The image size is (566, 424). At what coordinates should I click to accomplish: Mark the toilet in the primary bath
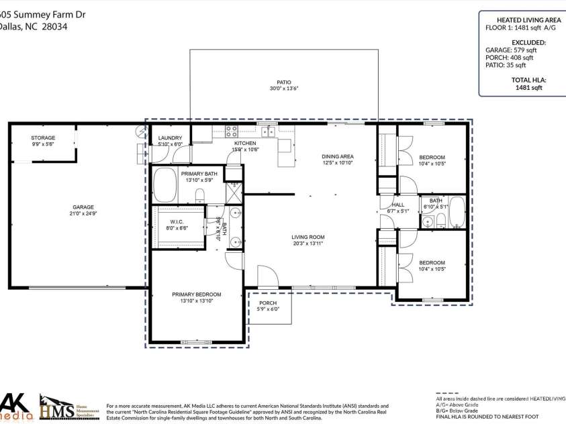click(200, 195)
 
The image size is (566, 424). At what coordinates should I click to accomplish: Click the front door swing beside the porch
click(267, 276)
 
